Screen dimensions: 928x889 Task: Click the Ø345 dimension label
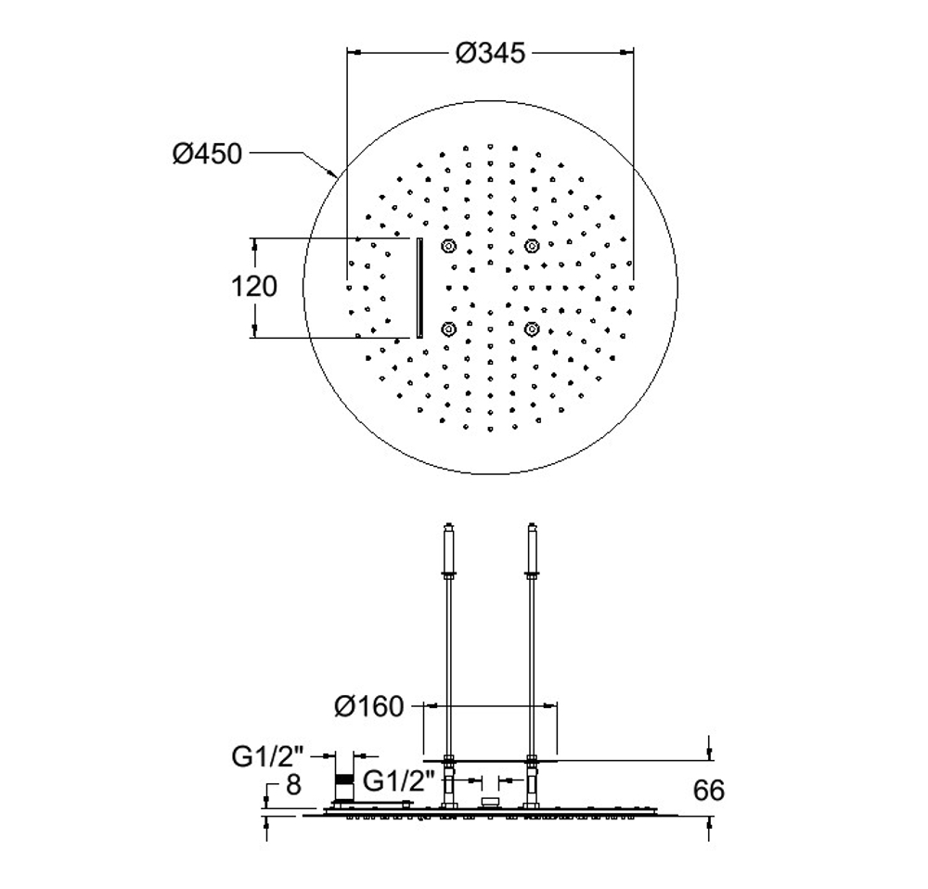click(490, 53)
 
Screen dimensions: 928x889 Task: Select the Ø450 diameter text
click(207, 154)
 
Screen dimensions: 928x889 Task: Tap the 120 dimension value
click(254, 287)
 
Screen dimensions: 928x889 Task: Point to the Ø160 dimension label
click(368, 706)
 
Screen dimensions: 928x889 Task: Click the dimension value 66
click(708, 791)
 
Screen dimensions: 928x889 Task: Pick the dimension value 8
click(293, 785)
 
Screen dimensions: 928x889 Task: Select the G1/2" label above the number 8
click(267, 756)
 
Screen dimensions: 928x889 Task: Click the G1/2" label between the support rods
click(399, 781)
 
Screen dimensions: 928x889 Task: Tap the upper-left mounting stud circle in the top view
click(448, 246)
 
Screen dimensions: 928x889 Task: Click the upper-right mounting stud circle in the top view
click(532, 246)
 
